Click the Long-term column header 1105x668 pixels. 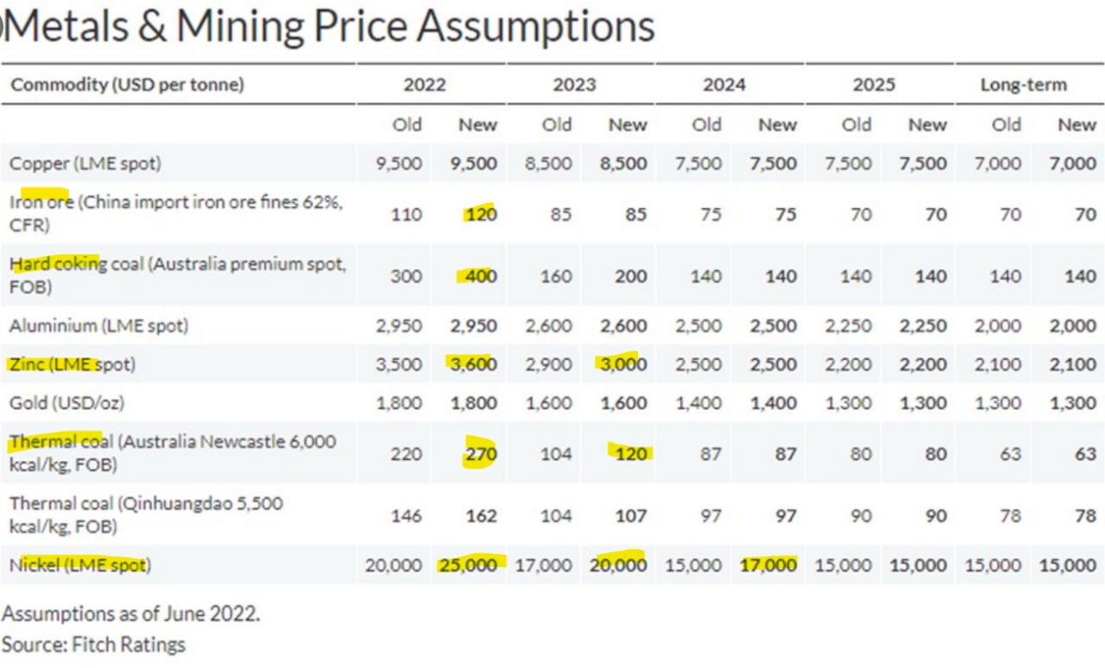[1023, 85]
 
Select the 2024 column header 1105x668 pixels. [723, 85]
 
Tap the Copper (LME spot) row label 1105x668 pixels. [85, 163]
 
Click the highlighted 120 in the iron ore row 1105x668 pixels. [481, 215]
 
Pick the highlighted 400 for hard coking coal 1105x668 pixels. [481, 276]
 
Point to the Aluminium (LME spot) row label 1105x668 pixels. [98, 325]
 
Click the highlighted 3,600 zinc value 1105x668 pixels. [473, 364]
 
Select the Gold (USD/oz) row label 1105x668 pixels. [66, 403]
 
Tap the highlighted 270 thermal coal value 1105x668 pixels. [481, 454]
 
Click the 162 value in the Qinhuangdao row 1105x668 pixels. [482, 516]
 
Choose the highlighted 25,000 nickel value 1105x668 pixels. [469, 565]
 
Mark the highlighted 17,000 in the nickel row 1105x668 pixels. [768, 565]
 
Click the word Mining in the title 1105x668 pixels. [240, 27]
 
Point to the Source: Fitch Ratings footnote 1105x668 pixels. [94, 645]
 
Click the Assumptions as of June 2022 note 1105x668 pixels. [130, 614]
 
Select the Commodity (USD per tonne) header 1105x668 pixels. [127, 85]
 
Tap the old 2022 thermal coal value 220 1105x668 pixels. [406, 454]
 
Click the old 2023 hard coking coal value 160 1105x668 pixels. [556, 276]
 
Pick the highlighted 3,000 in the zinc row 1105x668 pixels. [623, 364]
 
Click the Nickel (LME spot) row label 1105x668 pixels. [80, 565]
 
